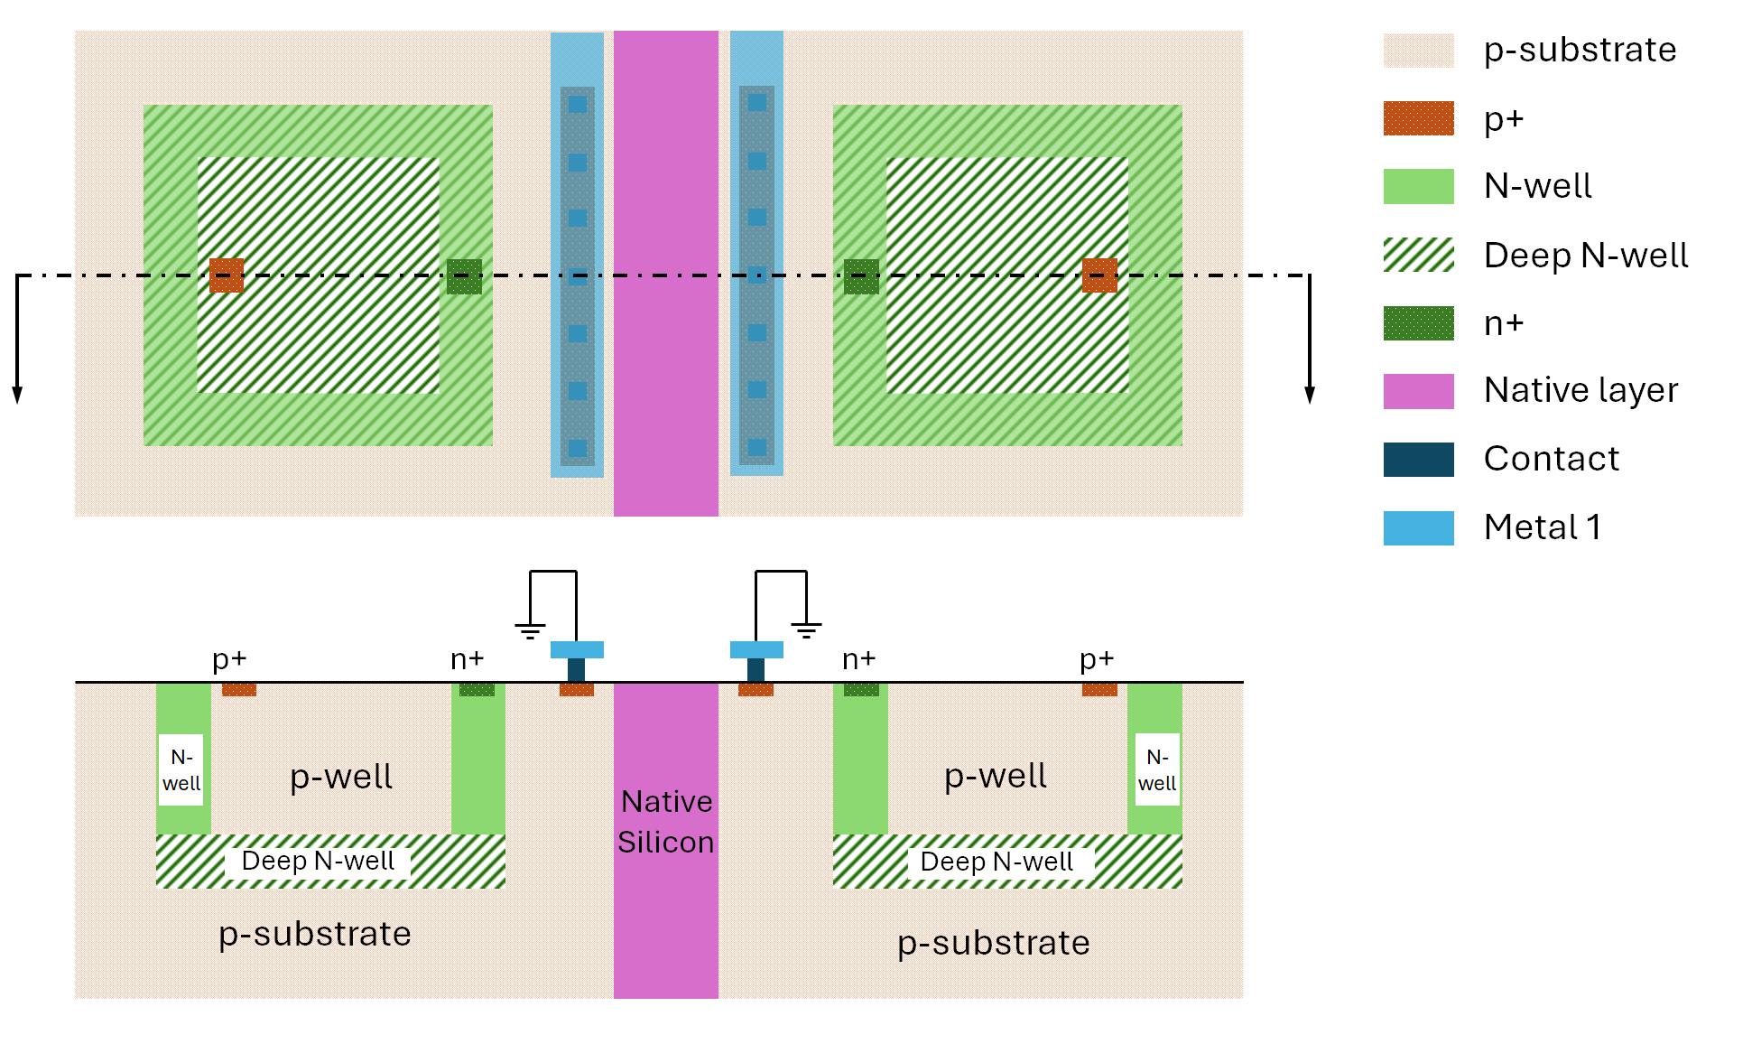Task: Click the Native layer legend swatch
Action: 1418,391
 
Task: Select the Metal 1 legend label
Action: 1542,527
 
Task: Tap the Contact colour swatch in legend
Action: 1418,460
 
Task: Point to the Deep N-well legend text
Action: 1585,256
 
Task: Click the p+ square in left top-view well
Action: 226,275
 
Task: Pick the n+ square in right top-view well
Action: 861,276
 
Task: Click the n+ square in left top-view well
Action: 464,276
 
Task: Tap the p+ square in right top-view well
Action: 1099,275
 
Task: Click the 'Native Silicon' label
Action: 665,822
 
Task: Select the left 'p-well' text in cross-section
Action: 341,777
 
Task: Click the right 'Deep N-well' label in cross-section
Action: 997,862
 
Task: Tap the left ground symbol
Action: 530,630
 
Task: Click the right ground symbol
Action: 806,630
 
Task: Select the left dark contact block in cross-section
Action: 576,670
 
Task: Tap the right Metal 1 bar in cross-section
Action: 756,649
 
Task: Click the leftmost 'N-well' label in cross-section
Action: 181,770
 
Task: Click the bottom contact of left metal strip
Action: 578,448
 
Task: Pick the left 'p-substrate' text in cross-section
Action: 314,934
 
